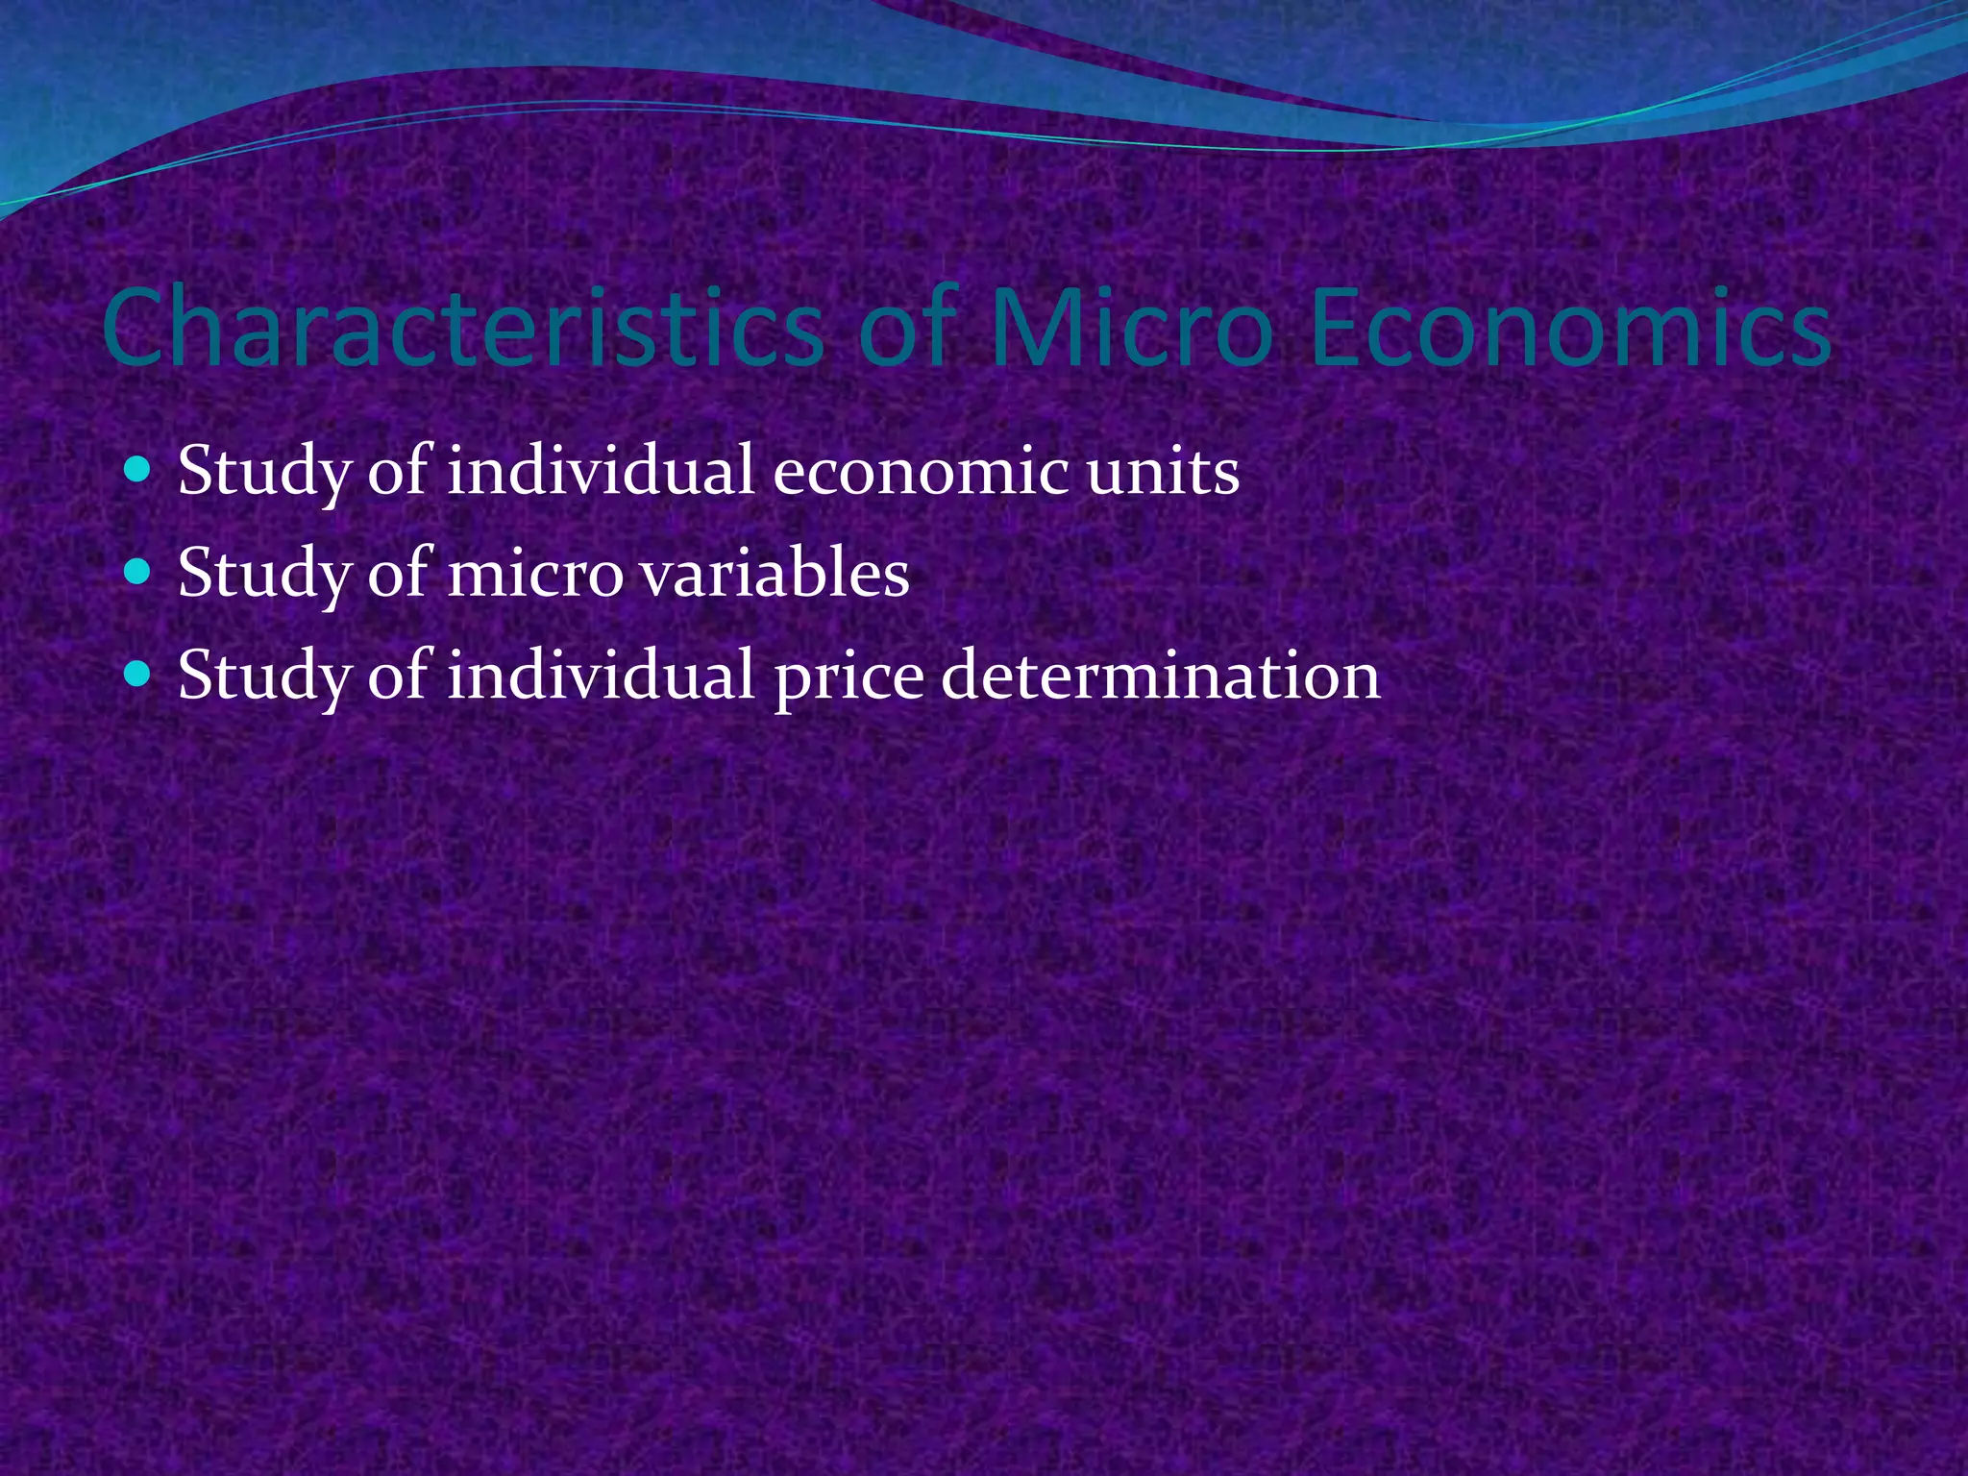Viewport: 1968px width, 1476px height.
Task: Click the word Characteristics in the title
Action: click(x=461, y=329)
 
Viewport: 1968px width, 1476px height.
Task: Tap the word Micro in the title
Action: click(x=1130, y=329)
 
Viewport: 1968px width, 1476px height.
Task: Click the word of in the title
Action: click(x=907, y=329)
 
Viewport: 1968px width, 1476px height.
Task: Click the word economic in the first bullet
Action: click(x=921, y=474)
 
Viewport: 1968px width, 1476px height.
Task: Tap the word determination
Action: click(x=1161, y=676)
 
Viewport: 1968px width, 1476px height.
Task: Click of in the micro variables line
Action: click(x=398, y=574)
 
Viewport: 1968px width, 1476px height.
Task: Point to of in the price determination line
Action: click(x=398, y=676)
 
